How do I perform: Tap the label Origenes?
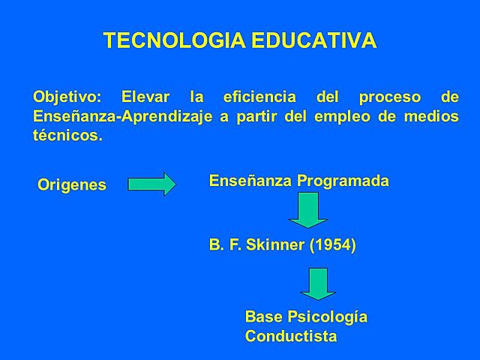(72, 184)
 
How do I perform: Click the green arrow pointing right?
(151, 184)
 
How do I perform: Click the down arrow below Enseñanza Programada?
(308, 211)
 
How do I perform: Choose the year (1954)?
(331, 245)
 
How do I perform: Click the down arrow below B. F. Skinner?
(319, 283)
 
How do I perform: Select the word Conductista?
(291, 336)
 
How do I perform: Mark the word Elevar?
(145, 98)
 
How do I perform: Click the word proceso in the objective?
(379, 98)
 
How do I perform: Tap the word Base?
(262, 316)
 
